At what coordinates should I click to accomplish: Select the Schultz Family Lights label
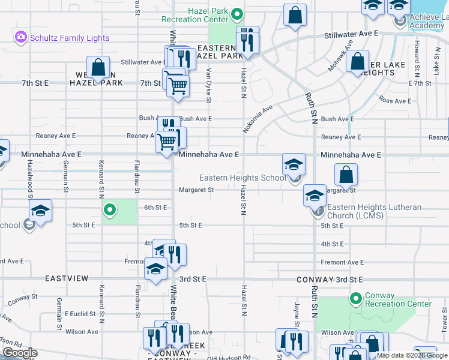70,38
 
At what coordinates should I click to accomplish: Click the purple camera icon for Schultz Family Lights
22,38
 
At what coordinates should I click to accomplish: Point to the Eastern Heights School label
243,178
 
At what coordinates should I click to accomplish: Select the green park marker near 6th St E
109,210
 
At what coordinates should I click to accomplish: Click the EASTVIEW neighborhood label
67,279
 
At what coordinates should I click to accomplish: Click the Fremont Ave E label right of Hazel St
342,262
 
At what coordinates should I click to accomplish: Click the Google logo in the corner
20,353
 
